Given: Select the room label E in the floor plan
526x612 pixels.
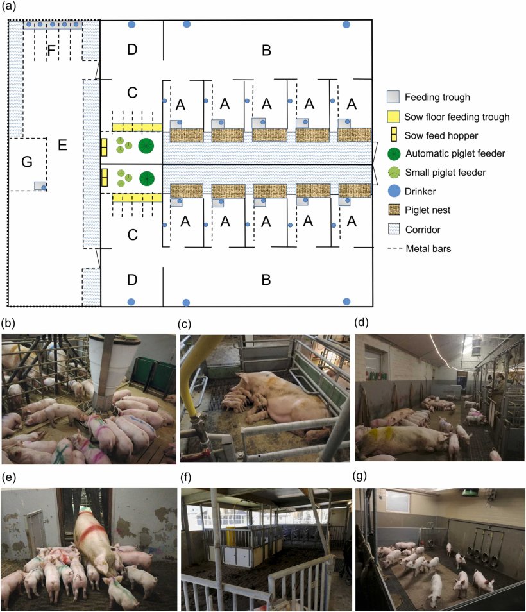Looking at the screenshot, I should point(62,146).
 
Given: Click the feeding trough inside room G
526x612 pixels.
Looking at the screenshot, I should point(40,185).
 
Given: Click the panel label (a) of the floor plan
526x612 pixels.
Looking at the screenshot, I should point(11,8).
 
